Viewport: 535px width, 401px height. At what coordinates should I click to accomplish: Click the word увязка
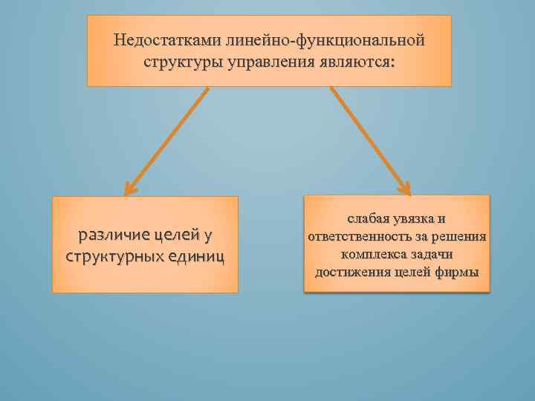[x=413, y=220]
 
